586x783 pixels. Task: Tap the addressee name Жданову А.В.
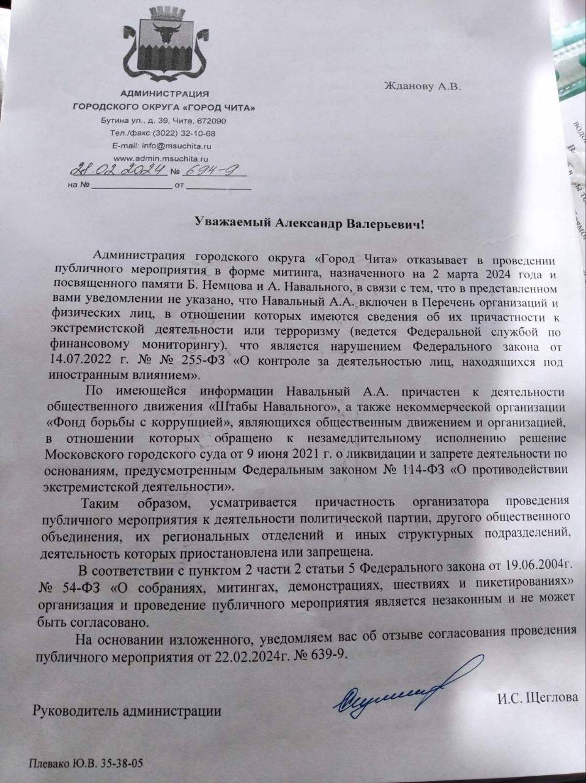click(x=422, y=86)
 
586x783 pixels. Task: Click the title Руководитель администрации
click(x=128, y=711)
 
